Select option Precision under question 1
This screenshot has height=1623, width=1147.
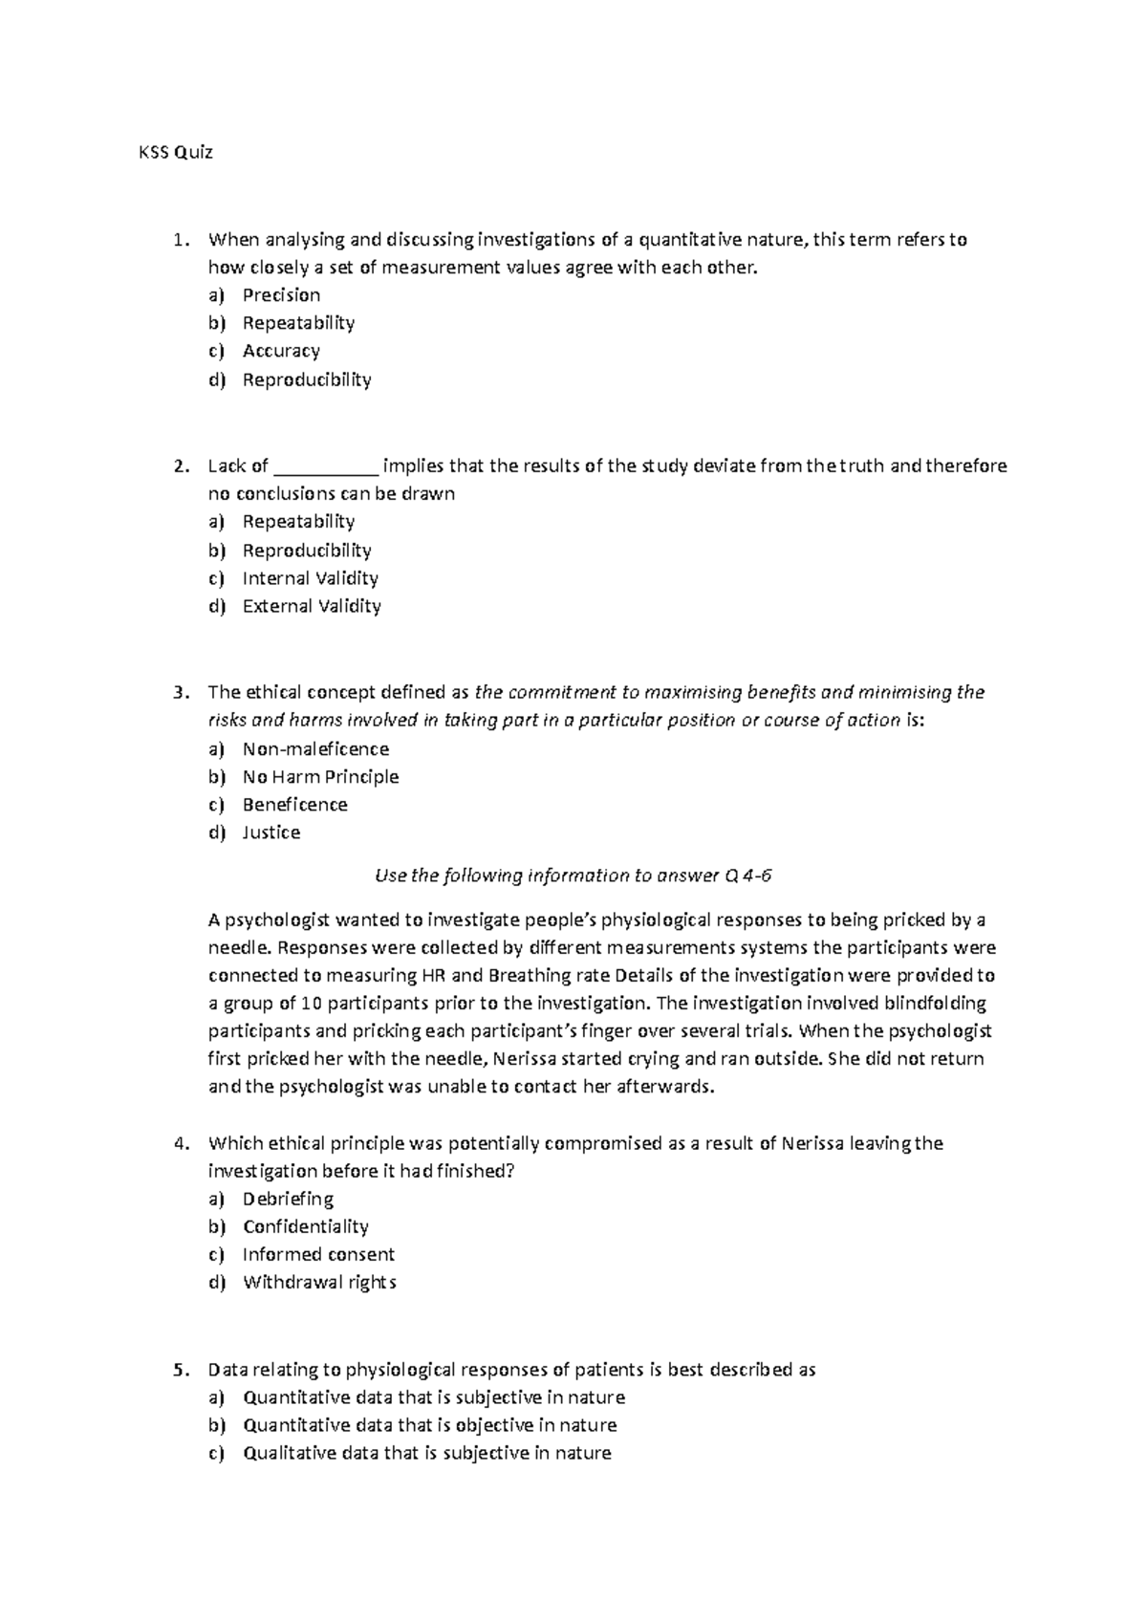[x=281, y=295]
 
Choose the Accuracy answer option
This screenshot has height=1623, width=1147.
[x=281, y=351]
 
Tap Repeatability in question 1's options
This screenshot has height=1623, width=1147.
[x=298, y=323]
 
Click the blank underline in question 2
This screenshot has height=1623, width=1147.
[x=326, y=467]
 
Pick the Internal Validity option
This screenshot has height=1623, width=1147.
[x=310, y=578]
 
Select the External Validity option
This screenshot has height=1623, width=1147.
[x=312, y=606]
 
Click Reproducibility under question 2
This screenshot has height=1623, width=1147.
[x=306, y=551]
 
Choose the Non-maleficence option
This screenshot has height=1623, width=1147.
[x=315, y=749]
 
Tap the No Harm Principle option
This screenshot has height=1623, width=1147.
[x=320, y=777]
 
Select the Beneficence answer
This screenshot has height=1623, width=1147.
[x=294, y=805]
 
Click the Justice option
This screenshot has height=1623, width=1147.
[x=271, y=833]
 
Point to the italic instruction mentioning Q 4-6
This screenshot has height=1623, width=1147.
[x=571, y=876]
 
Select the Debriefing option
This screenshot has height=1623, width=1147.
[x=288, y=1199]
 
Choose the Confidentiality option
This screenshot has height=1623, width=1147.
[x=305, y=1226]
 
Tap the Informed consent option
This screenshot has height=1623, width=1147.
[x=318, y=1254]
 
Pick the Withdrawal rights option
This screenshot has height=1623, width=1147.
[x=319, y=1282]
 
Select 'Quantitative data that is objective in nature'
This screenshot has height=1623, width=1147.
[x=429, y=1425]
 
